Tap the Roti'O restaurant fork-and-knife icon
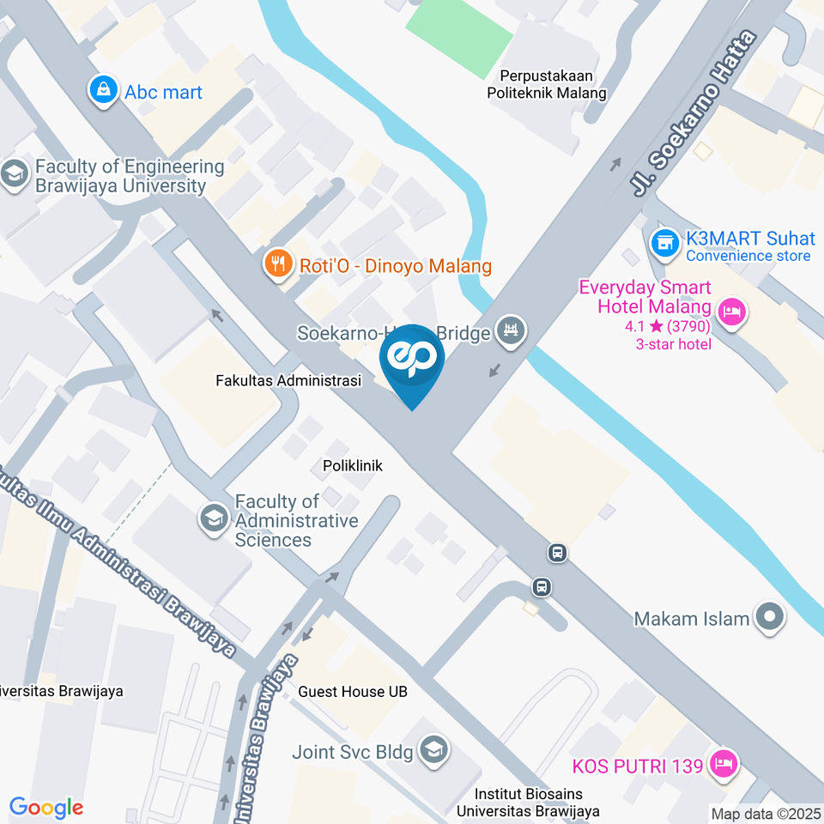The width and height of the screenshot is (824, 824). [x=277, y=264]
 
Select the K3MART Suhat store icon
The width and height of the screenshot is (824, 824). [x=663, y=243]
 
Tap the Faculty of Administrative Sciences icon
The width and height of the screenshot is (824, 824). [x=212, y=517]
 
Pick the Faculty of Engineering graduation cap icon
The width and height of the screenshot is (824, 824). [x=15, y=174]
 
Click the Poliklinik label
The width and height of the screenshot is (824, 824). [x=352, y=466]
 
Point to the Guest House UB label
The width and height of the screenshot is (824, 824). [x=353, y=691]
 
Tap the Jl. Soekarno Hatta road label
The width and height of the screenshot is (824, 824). [x=696, y=112]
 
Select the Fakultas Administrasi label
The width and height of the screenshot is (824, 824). [x=288, y=379]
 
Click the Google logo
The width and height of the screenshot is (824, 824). [x=45, y=807]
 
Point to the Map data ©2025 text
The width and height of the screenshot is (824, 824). [x=766, y=813]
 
